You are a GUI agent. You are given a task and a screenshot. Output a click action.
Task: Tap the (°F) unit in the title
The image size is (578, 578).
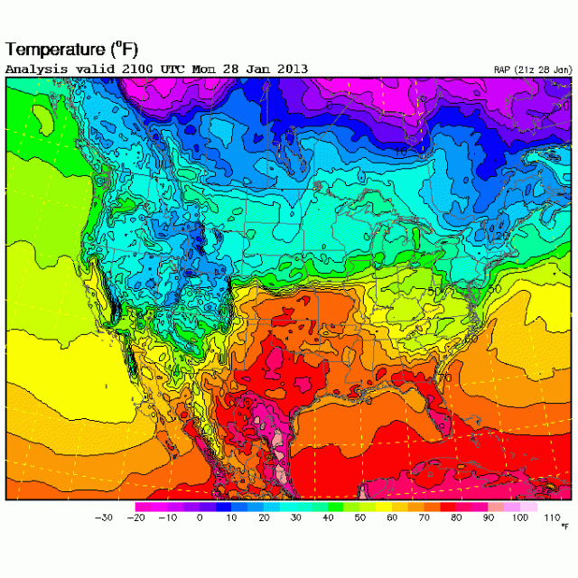point(126,48)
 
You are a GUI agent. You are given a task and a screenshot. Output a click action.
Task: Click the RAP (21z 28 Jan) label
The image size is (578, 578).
point(532,70)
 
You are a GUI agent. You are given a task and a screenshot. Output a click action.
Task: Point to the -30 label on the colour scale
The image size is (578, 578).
point(103,517)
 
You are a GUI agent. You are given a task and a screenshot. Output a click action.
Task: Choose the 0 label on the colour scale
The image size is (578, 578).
point(200,517)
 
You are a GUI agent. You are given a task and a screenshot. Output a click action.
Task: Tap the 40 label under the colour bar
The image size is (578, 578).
point(328,517)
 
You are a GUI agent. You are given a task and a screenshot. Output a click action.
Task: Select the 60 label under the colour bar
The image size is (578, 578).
point(392,517)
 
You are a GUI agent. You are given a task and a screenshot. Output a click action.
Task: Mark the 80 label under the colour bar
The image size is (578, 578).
point(456,517)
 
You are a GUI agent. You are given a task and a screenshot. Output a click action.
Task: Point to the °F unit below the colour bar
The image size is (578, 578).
point(564,526)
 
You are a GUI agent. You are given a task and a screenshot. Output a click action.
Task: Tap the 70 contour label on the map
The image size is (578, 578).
point(444,377)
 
